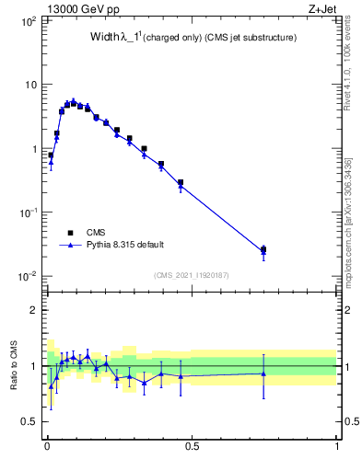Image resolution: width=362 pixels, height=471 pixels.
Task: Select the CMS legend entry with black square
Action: (x=98, y=233)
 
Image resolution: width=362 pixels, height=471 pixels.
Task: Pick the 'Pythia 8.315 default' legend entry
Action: (x=124, y=245)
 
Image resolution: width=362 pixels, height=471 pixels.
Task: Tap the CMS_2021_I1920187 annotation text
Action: (x=191, y=275)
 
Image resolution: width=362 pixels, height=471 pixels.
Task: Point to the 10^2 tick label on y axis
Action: (x=27, y=20)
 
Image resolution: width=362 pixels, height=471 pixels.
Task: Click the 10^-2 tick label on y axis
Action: (x=27, y=276)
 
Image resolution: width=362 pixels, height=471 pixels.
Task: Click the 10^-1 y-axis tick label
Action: (x=27, y=213)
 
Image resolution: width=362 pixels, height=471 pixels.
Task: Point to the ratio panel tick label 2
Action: (x=34, y=310)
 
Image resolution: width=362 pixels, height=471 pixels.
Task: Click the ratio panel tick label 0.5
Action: (x=29, y=422)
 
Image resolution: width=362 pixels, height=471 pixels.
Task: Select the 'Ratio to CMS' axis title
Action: (x=13, y=366)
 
